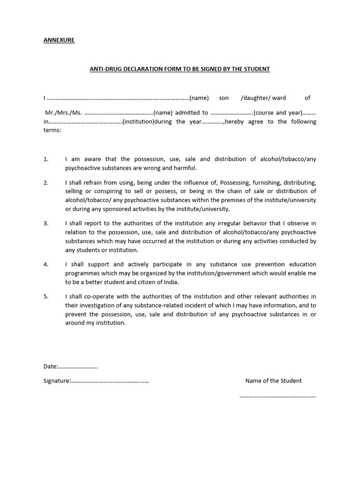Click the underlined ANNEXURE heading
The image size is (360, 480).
pos(59,40)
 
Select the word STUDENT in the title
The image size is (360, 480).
pos(257,69)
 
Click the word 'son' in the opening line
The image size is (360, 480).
pos(224,98)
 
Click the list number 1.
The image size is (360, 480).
pos(46,159)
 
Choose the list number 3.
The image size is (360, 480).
pos(46,224)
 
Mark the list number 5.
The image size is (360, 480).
pos(46,296)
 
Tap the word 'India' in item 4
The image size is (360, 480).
pos(170,282)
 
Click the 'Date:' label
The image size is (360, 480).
pos(51,367)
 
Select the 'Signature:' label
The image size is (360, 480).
pos(57,381)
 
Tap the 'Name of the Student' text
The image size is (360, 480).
pos(273,381)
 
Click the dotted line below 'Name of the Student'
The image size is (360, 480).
pos(277,396)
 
